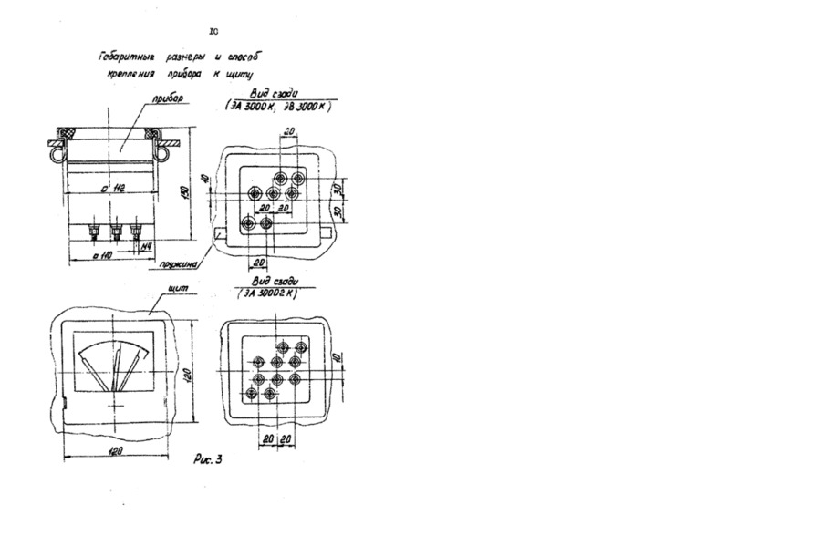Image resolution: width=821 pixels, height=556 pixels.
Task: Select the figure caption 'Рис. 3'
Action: (209, 459)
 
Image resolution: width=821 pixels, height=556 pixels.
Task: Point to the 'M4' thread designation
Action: (143, 246)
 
